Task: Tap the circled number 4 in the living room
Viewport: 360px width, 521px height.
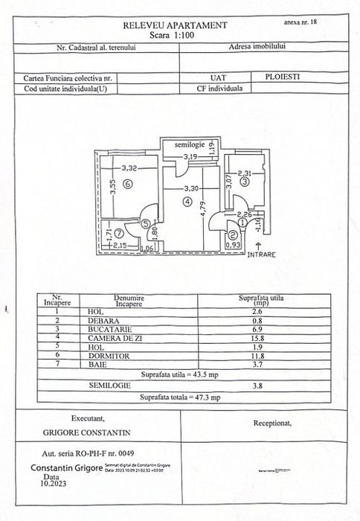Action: click(188, 201)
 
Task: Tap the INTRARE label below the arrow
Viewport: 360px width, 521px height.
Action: click(262, 254)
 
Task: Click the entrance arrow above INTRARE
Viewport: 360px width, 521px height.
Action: click(258, 243)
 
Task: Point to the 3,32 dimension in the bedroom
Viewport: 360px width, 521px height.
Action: click(131, 168)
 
